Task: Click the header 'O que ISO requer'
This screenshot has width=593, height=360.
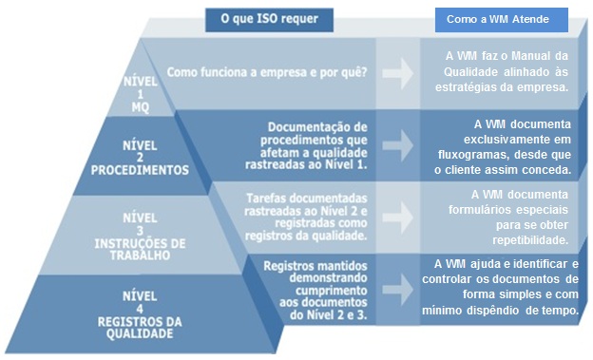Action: coord(270,17)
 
